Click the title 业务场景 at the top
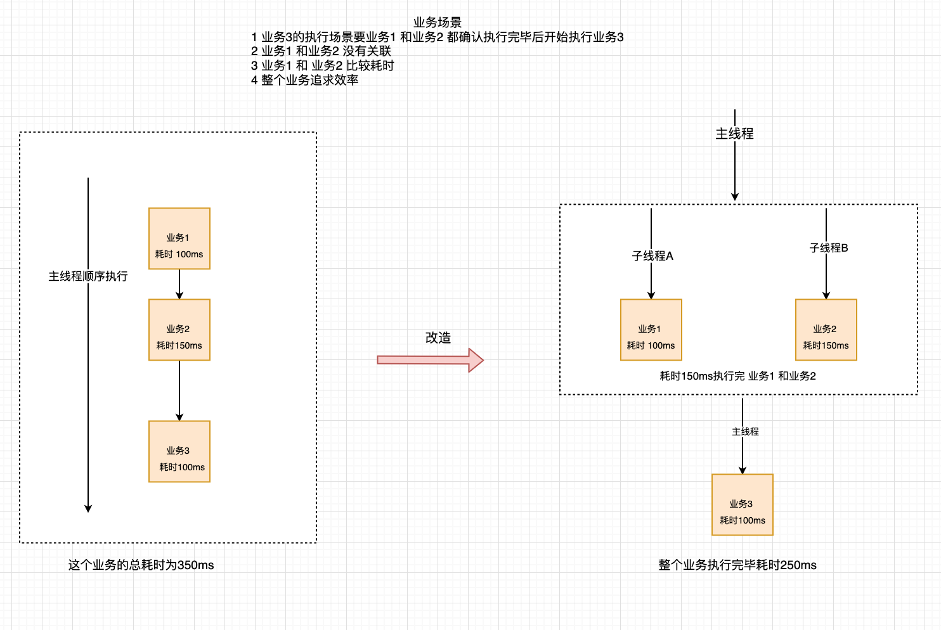pyautogui.click(x=437, y=23)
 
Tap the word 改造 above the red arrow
pyautogui.click(x=438, y=338)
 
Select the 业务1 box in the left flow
pyautogui.click(x=179, y=239)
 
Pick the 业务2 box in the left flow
pyautogui.click(x=179, y=330)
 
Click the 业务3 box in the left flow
pyautogui.click(x=179, y=452)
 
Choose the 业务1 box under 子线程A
pyautogui.click(x=651, y=330)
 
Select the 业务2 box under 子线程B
pyautogui.click(x=826, y=330)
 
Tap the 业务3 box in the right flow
pyautogui.click(x=742, y=505)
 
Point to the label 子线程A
pyautogui.click(x=652, y=256)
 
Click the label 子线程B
pyautogui.click(x=828, y=248)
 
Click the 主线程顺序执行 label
pyautogui.click(x=88, y=276)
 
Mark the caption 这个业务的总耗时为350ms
pyautogui.click(x=141, y=565)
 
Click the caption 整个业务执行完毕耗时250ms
pyautogui.click(x=737, y=565)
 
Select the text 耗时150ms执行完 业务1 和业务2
pyautogui.click(x=737, y=376)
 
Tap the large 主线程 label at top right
pyautogui.click(x=734, y=134)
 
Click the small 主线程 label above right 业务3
pyautogui.click(x=745, y=432)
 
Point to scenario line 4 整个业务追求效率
pyautogui.click(x=305, y=80)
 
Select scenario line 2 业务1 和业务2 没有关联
pyautogui.click(x=321, y=51)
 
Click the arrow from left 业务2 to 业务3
pyautogui.click(x=179, y=390)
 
